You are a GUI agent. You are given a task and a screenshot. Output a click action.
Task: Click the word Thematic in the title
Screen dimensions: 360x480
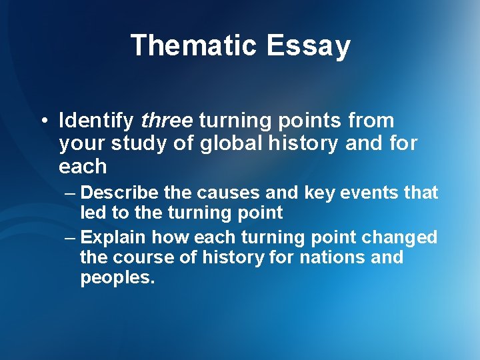tap(193, 46)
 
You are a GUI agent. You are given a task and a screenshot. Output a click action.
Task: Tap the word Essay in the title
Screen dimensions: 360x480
tap(309, 46)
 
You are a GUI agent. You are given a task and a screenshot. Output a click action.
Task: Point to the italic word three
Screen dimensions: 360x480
tap(167, 121)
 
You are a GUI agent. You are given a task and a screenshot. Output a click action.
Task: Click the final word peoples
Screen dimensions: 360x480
tap(117, 278)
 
